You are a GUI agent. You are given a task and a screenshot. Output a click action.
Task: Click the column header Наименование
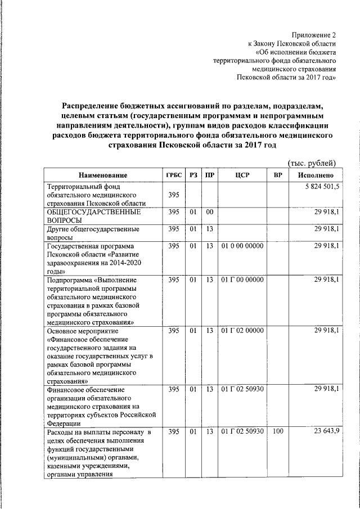pos(103,175)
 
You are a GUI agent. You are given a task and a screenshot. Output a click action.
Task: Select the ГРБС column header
pos(174,175)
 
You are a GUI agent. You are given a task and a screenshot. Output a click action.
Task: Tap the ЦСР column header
pos(242,175)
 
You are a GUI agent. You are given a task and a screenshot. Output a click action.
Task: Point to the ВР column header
pos(278,175)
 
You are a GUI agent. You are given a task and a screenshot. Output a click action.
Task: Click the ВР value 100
pos(278,431)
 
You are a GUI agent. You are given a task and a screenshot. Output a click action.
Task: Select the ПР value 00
pos(209,212)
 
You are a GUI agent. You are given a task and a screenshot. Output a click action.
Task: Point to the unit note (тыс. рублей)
pos(312,163)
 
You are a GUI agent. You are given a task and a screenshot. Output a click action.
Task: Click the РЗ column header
pos(193,175)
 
